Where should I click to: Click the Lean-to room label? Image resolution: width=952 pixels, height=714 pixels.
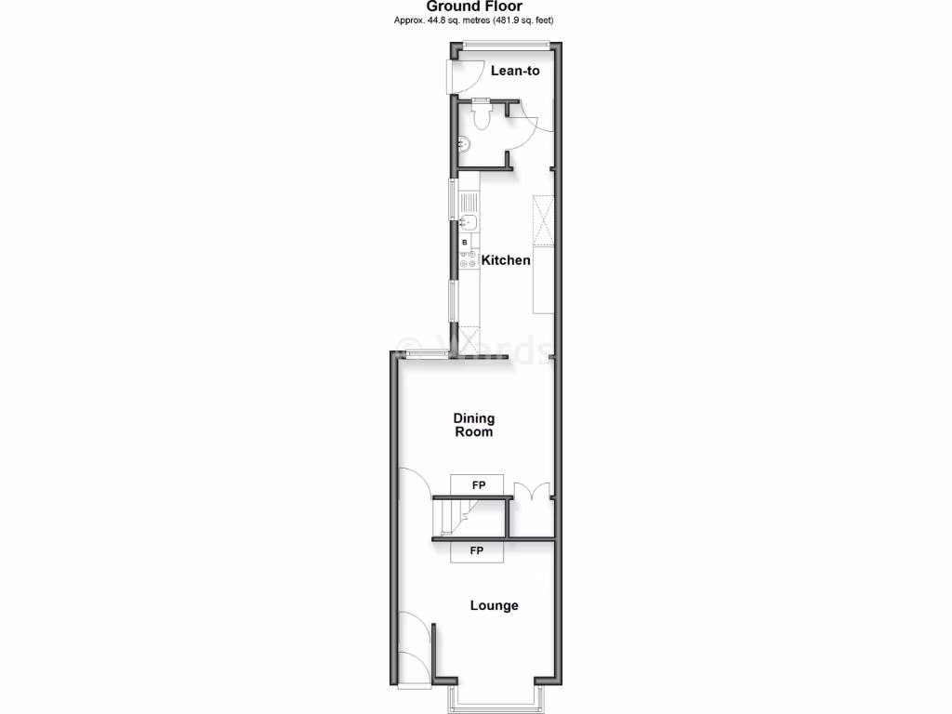515,71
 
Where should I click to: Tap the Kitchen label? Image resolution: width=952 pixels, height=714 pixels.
506,260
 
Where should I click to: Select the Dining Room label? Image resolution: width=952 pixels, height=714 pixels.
474,425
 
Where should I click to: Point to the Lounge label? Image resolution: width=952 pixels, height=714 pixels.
494,605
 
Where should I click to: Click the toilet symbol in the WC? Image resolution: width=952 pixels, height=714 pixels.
482,115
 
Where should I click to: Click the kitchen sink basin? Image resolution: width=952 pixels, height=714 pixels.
469,222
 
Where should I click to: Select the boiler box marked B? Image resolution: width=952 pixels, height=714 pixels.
465,243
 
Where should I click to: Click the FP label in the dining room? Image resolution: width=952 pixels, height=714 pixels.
478,485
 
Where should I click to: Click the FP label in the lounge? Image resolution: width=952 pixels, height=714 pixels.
476,551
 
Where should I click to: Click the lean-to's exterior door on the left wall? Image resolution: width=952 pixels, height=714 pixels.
454,75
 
